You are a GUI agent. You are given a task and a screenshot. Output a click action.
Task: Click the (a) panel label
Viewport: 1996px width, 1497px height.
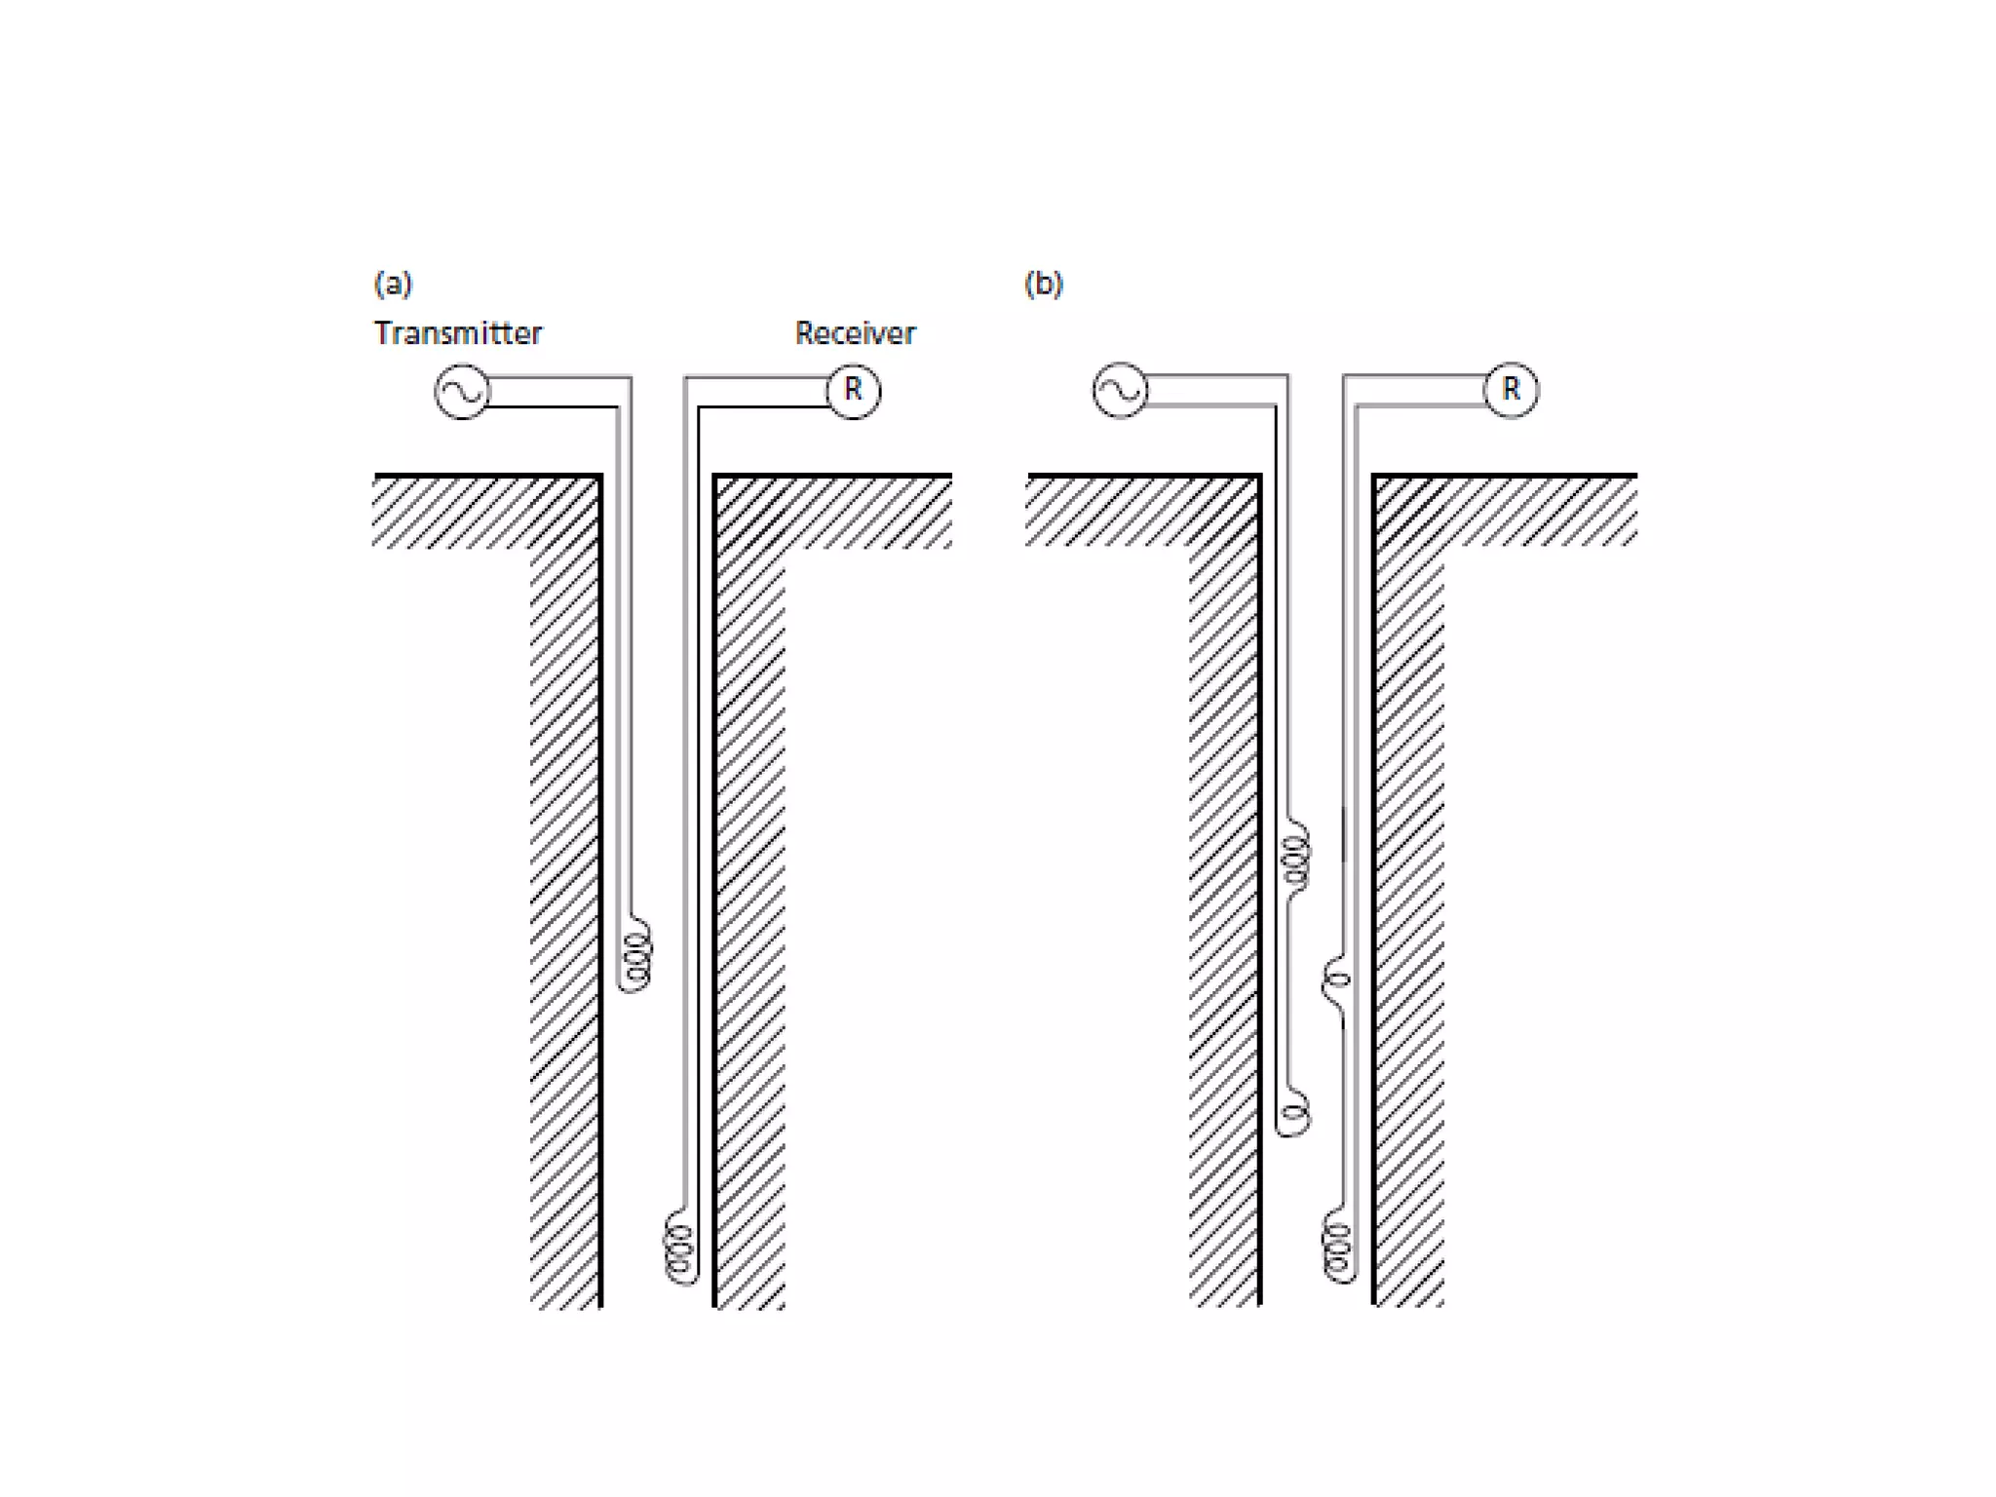click(393, 284)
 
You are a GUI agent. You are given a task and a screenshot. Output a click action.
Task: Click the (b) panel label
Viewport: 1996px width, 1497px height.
click(1043, 284)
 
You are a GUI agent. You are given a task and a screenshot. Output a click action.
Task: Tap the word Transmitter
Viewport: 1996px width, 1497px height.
click(457, 333)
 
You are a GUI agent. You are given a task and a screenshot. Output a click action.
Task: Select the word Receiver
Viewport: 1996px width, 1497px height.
click(855, 333)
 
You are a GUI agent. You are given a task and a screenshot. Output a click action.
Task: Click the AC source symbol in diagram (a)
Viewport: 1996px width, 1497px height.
click(462, 392)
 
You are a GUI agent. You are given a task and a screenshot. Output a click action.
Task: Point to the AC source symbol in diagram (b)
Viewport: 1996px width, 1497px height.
click(1120, 391)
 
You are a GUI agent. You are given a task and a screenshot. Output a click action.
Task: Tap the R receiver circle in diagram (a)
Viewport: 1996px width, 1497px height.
click(853, 391)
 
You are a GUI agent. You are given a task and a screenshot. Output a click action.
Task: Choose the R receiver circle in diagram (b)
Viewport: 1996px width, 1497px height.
click(1511, 390)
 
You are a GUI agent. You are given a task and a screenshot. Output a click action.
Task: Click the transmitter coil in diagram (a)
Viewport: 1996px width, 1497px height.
click(635, 955)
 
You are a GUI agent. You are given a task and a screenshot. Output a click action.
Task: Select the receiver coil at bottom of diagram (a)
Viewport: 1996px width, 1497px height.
click(680, 1247)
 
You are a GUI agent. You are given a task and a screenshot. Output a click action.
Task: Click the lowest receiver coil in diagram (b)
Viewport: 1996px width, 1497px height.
click(1339, 1247)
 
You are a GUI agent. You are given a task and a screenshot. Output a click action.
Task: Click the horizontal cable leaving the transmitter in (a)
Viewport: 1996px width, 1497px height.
click(556, 391)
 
